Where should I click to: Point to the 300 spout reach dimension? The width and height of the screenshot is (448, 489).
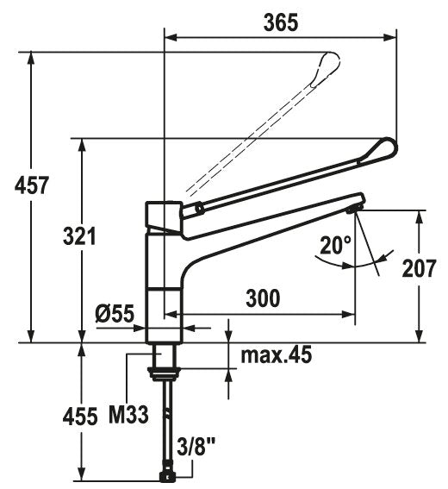point(263,298)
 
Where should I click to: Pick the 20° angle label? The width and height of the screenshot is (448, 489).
point(334,247)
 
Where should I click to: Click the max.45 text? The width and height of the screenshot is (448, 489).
point(276,354)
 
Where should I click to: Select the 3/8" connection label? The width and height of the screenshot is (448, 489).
point(197,447)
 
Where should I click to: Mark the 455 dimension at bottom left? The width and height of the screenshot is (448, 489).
point(80,417)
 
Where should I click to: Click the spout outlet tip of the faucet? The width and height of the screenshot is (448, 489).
point(354,206)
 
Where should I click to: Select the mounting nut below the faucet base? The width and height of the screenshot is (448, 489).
point(163,373)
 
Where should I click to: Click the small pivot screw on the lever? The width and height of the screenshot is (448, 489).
point(198,207)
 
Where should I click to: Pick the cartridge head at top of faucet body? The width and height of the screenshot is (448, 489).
point(163,216)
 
